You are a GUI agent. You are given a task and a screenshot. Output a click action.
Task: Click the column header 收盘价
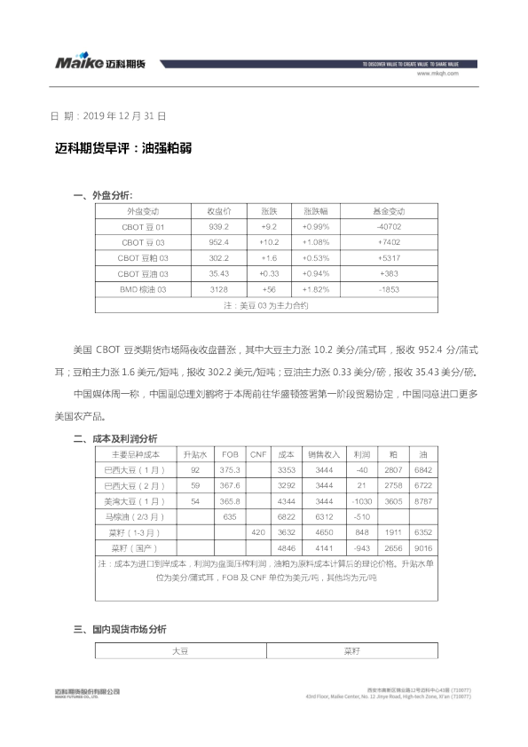point(219,211)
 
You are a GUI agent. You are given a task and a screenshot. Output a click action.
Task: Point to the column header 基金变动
point(388,211)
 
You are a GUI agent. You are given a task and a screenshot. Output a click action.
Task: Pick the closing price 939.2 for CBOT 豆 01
point(219,227)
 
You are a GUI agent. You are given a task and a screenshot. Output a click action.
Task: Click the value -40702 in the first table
point(388,227)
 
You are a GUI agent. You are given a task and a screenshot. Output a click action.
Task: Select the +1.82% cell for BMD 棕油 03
point(316,290)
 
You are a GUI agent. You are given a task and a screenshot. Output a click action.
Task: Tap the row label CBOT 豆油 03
point(143,274)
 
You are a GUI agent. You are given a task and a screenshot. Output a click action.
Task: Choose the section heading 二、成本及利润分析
point(115,438)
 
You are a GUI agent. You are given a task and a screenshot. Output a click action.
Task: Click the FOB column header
point(230,452)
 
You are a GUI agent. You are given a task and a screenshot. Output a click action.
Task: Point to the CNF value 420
point(257,532)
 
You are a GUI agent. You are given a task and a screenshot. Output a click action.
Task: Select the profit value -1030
point(360,500)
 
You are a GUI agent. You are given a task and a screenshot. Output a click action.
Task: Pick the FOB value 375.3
point(230,468)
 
